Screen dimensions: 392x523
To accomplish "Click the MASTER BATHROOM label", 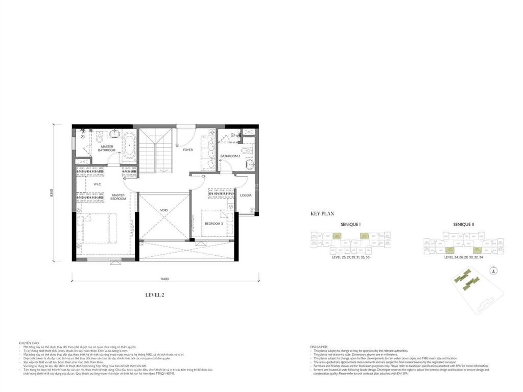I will tap(107, 149).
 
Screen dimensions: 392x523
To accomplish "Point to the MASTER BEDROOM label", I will tap(118, 197).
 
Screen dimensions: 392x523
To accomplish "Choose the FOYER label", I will tap(188, 150).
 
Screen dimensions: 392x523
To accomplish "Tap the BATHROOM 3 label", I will tap(230, 156).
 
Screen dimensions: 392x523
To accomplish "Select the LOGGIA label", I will tap(246, 195).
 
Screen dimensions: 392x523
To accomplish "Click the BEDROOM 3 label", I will tap(214, 224).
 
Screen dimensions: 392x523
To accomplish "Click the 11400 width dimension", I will tap(164, 279).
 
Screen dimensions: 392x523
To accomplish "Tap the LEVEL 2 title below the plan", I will tap(155, 295).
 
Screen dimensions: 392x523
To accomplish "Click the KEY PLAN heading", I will tap(322, 214).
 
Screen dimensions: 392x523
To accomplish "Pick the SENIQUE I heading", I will tap(350, 225).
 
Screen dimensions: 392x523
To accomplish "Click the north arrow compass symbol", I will tap(493, 269).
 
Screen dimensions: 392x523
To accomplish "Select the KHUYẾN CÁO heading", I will tap(29, 343).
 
